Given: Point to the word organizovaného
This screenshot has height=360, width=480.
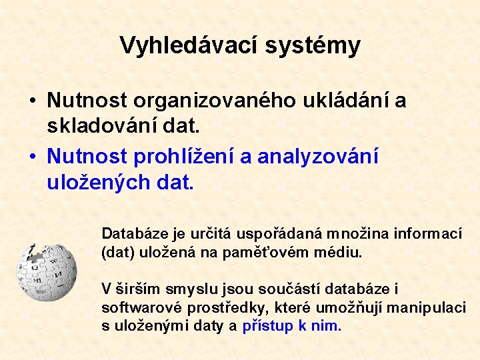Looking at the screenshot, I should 216,101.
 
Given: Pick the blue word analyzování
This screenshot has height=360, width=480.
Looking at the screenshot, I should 318,157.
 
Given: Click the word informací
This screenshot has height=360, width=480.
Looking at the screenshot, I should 428,234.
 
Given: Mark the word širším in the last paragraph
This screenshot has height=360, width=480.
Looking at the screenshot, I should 133,289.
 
